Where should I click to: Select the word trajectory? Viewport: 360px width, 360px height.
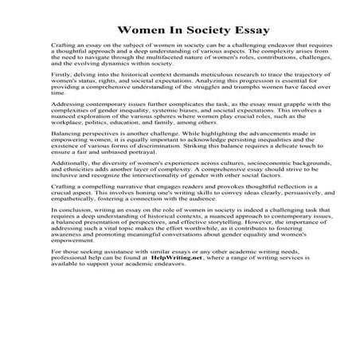tap(283, 92)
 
